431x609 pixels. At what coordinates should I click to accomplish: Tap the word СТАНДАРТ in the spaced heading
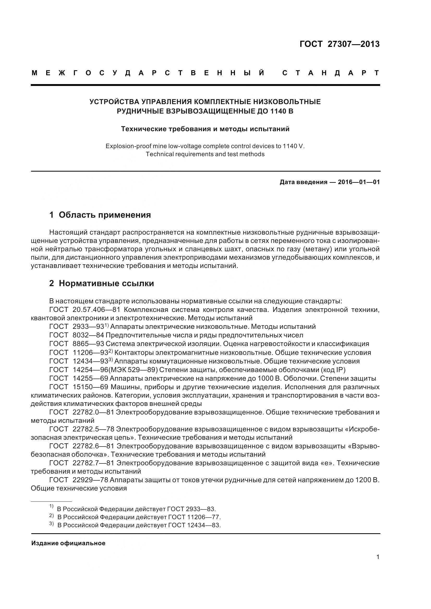point(331,73)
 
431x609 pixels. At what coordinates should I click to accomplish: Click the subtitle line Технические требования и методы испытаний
point(205,129)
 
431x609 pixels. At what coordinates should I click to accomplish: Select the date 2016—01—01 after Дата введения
point(359,182)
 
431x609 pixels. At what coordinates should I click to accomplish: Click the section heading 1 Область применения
point(100,215)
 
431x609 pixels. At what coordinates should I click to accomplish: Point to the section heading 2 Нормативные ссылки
point(101,283)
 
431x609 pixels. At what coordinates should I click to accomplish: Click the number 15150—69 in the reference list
point(90,387)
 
